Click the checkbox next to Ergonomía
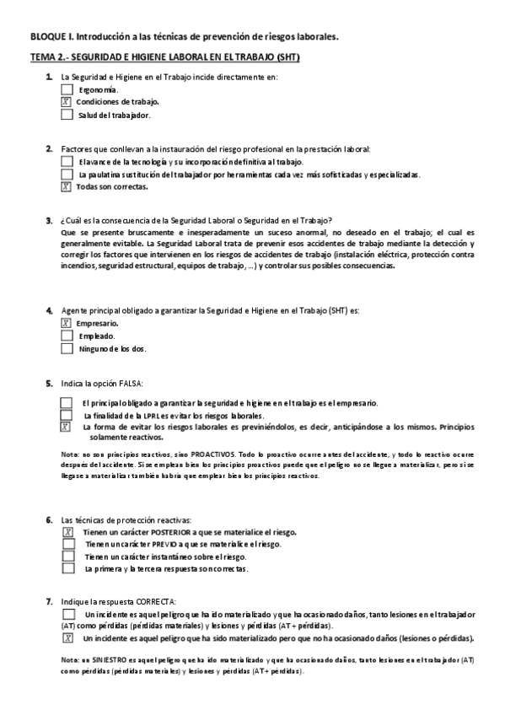click(x=67, y=89)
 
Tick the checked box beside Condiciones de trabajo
click(x=67, y=101)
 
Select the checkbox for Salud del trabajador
click(x=67, y=115)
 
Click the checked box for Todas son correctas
click(x=67, y=187)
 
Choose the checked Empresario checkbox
click(x=67, y=323)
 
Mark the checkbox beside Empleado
click(x=67, y=336)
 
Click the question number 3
click(x=49, y=220)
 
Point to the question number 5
click(x=49, y=383)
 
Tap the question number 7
click(x=49, y=601)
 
